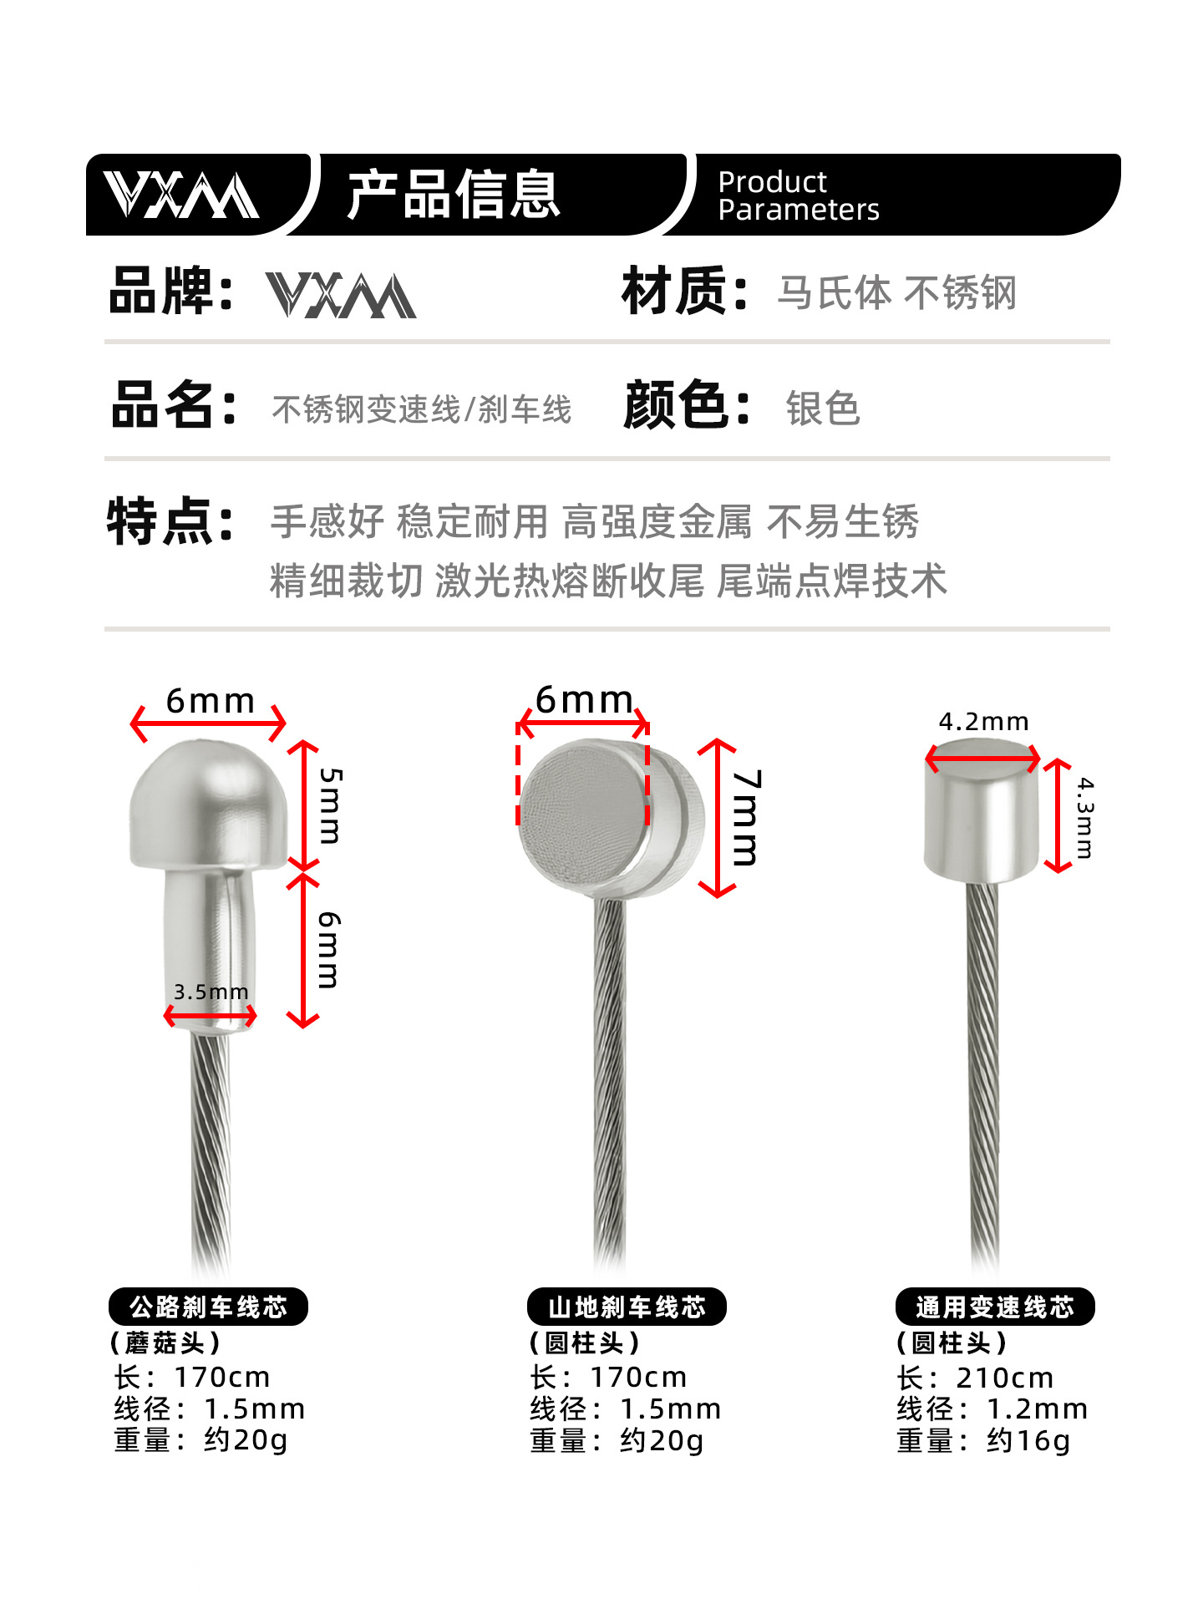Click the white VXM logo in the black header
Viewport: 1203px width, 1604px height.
181,195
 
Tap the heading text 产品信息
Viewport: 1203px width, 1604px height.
454,195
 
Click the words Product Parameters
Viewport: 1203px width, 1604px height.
798,195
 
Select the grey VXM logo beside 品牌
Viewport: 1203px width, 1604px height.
341,295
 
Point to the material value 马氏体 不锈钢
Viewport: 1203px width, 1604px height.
896,293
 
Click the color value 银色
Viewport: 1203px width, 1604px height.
823,409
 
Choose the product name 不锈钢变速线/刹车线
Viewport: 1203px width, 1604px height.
422,409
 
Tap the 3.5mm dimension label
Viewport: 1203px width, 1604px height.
211,992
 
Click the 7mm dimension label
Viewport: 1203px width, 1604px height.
746,817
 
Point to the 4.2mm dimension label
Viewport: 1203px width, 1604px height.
983,722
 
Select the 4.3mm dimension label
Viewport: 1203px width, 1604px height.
1084,818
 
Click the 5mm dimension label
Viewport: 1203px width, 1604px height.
331,805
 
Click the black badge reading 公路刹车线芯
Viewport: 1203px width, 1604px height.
208,1307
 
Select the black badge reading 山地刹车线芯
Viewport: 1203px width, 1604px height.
627,1307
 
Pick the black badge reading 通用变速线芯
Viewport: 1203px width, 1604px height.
994,1307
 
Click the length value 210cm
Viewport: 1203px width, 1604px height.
1004,1378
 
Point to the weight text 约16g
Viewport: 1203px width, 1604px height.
1028,1441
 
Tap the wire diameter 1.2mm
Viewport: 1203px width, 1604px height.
1037,1409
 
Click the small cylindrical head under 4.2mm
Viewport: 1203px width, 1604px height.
982,823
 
